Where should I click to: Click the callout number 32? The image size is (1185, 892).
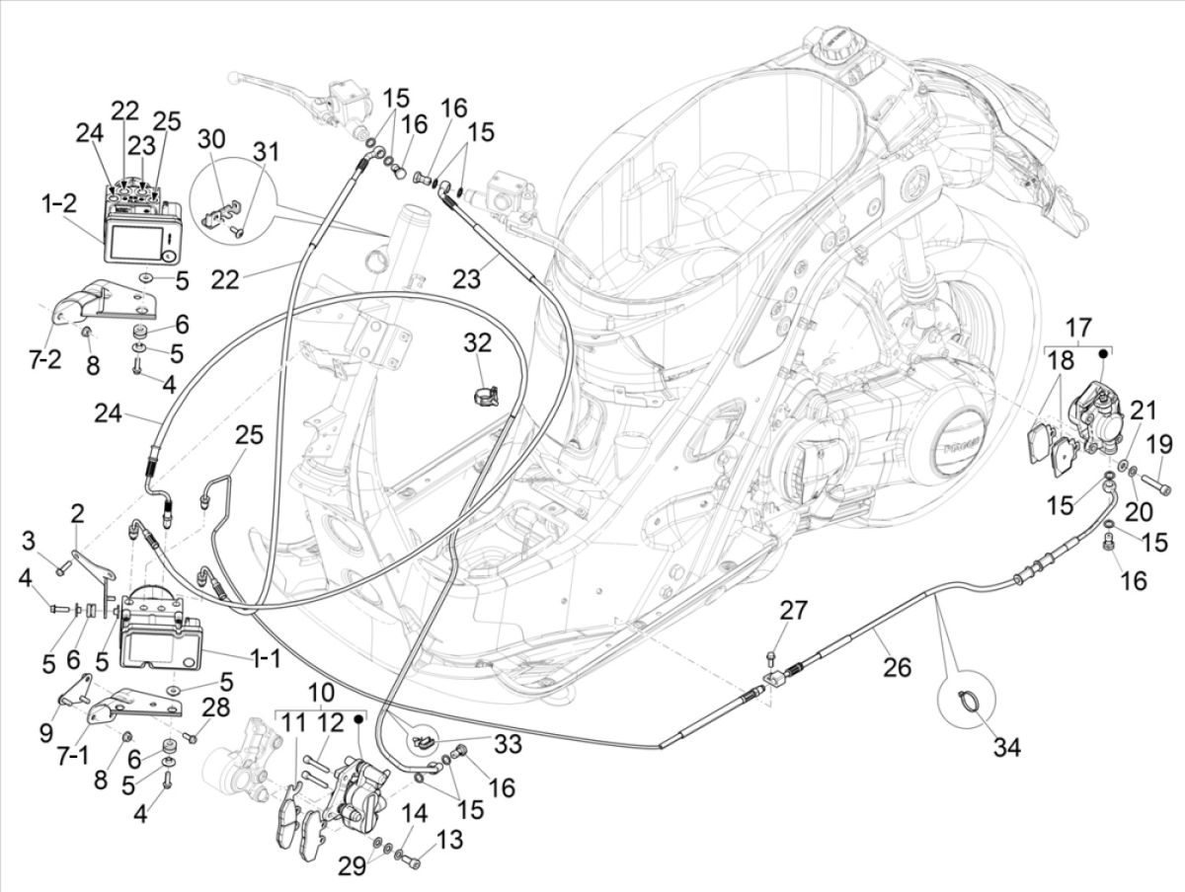click(478, 343)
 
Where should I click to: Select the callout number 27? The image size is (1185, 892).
click(793, 611)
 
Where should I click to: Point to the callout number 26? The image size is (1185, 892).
click(897, 669)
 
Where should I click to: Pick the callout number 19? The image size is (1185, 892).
click(1157, 441)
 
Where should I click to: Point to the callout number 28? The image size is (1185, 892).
click(215, 707)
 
